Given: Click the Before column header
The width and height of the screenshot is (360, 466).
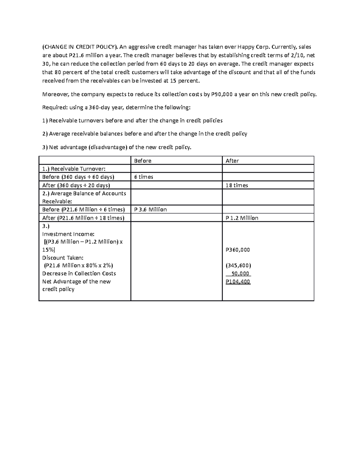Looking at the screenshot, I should [x=142, y=161].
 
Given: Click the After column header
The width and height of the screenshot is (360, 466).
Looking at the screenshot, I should [x=232, y=161].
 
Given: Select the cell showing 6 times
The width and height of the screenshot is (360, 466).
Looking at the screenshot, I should [x=143, y=177].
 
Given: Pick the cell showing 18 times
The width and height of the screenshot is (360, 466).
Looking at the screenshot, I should [x=236, y=185].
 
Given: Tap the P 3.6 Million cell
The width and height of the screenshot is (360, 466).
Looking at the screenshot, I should [x=150, y=209].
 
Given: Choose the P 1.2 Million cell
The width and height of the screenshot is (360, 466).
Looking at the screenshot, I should [x=241, y=218].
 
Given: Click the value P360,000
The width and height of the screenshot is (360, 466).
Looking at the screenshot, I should [x=238, y=250].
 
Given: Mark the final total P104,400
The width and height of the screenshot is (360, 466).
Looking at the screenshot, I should [x=238, y=282].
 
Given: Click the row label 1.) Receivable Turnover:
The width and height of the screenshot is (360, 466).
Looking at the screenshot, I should [x=74, y=169].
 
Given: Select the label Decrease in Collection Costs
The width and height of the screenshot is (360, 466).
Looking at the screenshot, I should [x=79, y=274].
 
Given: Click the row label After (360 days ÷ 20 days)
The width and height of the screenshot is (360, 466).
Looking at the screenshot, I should [x=76, y=185].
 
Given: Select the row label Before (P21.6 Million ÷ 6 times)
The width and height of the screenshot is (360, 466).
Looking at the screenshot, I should [x=83, y=209].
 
